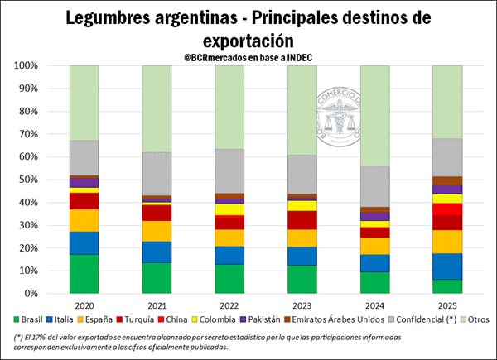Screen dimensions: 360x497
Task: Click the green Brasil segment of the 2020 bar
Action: point(83,274)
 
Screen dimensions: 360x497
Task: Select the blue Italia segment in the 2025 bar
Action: point(448,266)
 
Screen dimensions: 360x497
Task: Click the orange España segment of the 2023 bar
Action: point(302,238)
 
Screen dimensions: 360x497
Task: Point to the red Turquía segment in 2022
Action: point(229,223)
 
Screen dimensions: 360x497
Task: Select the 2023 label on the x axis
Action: point(302,305)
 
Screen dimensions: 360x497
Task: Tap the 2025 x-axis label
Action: point(448,305)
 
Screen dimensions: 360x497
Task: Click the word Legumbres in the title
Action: point(116,18)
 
